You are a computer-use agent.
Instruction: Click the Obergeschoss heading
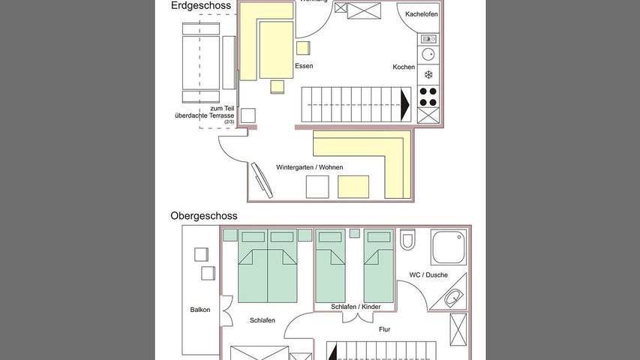204,216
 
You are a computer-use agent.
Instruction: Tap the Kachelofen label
421,14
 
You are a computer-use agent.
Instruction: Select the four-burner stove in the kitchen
428,97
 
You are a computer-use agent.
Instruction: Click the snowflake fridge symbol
428,74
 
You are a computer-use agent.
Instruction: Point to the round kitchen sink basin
428,55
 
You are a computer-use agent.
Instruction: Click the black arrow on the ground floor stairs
406,103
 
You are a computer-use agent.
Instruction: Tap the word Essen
304,66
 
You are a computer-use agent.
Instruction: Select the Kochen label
404,67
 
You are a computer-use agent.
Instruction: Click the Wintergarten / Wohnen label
305,167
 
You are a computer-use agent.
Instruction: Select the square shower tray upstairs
449,247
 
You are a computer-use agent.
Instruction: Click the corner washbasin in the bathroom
452,298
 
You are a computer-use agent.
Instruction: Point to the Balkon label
200,310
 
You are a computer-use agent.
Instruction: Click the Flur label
384,329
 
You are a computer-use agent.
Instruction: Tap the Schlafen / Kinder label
356,307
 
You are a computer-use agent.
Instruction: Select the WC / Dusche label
428,275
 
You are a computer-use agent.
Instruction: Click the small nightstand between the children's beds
355,234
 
